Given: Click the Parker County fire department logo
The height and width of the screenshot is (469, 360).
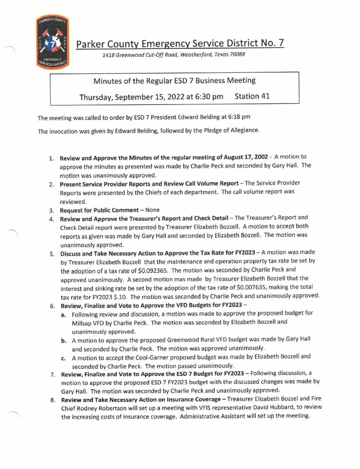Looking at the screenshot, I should coord(52,42).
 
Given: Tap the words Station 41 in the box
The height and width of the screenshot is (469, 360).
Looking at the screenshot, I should coord(252,97).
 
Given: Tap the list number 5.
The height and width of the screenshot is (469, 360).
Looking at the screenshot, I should coord(52,252).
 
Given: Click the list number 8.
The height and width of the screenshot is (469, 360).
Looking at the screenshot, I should coord(52,400).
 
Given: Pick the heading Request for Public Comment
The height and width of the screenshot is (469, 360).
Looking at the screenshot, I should coord(94,211).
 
